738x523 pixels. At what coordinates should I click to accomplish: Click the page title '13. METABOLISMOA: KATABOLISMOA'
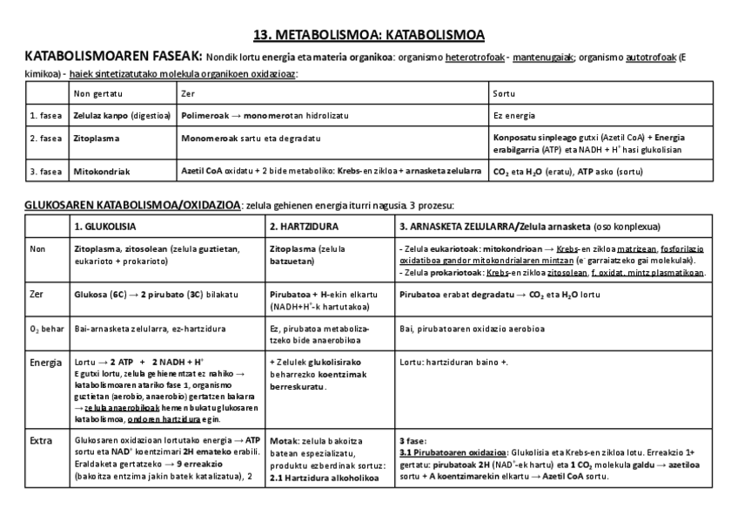click(368, 35)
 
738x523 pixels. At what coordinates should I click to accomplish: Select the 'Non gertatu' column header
click(98, 93)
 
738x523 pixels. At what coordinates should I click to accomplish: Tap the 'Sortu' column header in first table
click(503, 93)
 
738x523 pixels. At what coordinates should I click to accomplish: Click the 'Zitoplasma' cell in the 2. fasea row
click(97, 138)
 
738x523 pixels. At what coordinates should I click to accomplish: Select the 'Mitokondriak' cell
click(101, 172)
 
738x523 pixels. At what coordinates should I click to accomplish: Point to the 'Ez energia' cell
click(514, 115)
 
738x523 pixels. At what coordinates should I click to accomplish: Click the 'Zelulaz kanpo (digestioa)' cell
click(122, 115)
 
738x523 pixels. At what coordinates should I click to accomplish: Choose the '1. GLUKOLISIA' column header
click(104, 227)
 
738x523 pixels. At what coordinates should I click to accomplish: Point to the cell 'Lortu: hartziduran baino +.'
click(453, 362)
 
